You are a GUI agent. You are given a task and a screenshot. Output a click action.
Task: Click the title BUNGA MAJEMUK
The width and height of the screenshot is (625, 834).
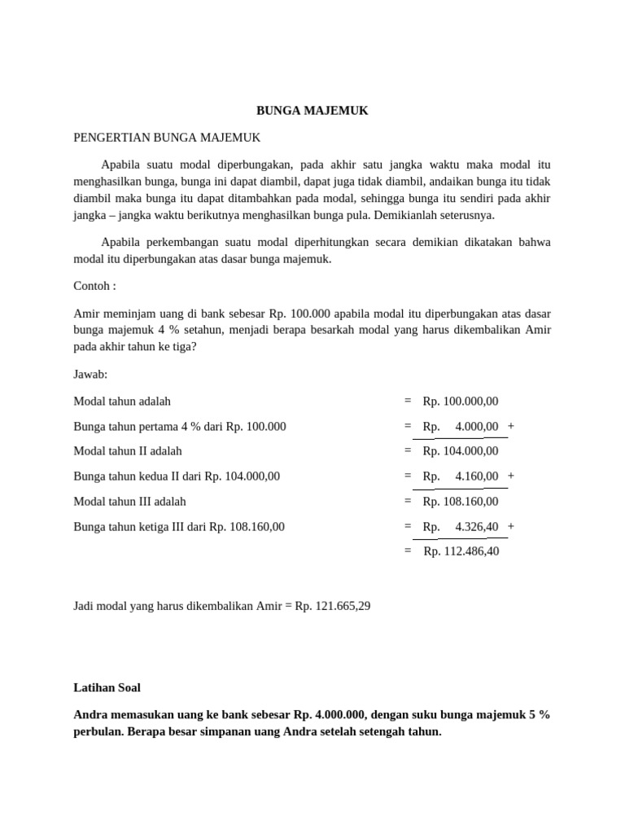(312, 111)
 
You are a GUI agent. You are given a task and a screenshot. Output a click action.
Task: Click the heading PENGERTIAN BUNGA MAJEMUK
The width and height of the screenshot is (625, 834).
(167, 138)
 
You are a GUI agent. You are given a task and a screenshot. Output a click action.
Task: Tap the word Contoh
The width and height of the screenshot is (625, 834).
(92, 287)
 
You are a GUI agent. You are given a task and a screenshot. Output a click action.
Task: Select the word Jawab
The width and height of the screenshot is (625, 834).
(90, 374)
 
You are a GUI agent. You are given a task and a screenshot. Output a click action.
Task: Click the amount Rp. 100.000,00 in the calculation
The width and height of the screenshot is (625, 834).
(461, 401)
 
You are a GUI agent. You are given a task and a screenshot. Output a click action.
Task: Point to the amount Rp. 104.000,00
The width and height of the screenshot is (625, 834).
(461, 451)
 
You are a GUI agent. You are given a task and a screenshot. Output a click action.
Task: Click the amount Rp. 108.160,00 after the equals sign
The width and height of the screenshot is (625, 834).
(461, 502)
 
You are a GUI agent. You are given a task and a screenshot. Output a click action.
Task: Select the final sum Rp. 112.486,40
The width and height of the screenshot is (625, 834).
(461, 551)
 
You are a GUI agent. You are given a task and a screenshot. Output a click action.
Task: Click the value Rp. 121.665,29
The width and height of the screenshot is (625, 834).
(333, 606)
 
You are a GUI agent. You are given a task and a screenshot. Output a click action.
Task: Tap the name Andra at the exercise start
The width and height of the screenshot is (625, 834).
(91, 714)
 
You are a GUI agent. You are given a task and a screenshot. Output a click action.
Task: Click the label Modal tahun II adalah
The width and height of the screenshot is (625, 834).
(128, 451)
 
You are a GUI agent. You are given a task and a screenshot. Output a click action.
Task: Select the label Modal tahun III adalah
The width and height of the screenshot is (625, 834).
(129, 502)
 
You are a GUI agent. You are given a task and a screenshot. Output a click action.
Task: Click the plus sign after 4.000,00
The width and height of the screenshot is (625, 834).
(510, 426)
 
